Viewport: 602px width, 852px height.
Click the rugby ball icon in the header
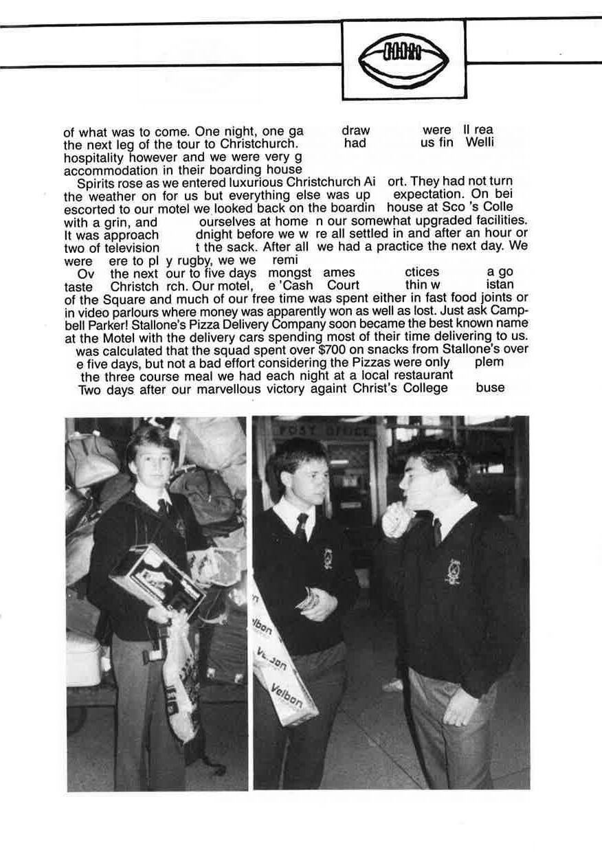403,59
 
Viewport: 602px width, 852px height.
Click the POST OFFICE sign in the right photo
322,431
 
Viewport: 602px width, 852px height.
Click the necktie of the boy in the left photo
163,506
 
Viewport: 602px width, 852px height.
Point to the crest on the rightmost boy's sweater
454,571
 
